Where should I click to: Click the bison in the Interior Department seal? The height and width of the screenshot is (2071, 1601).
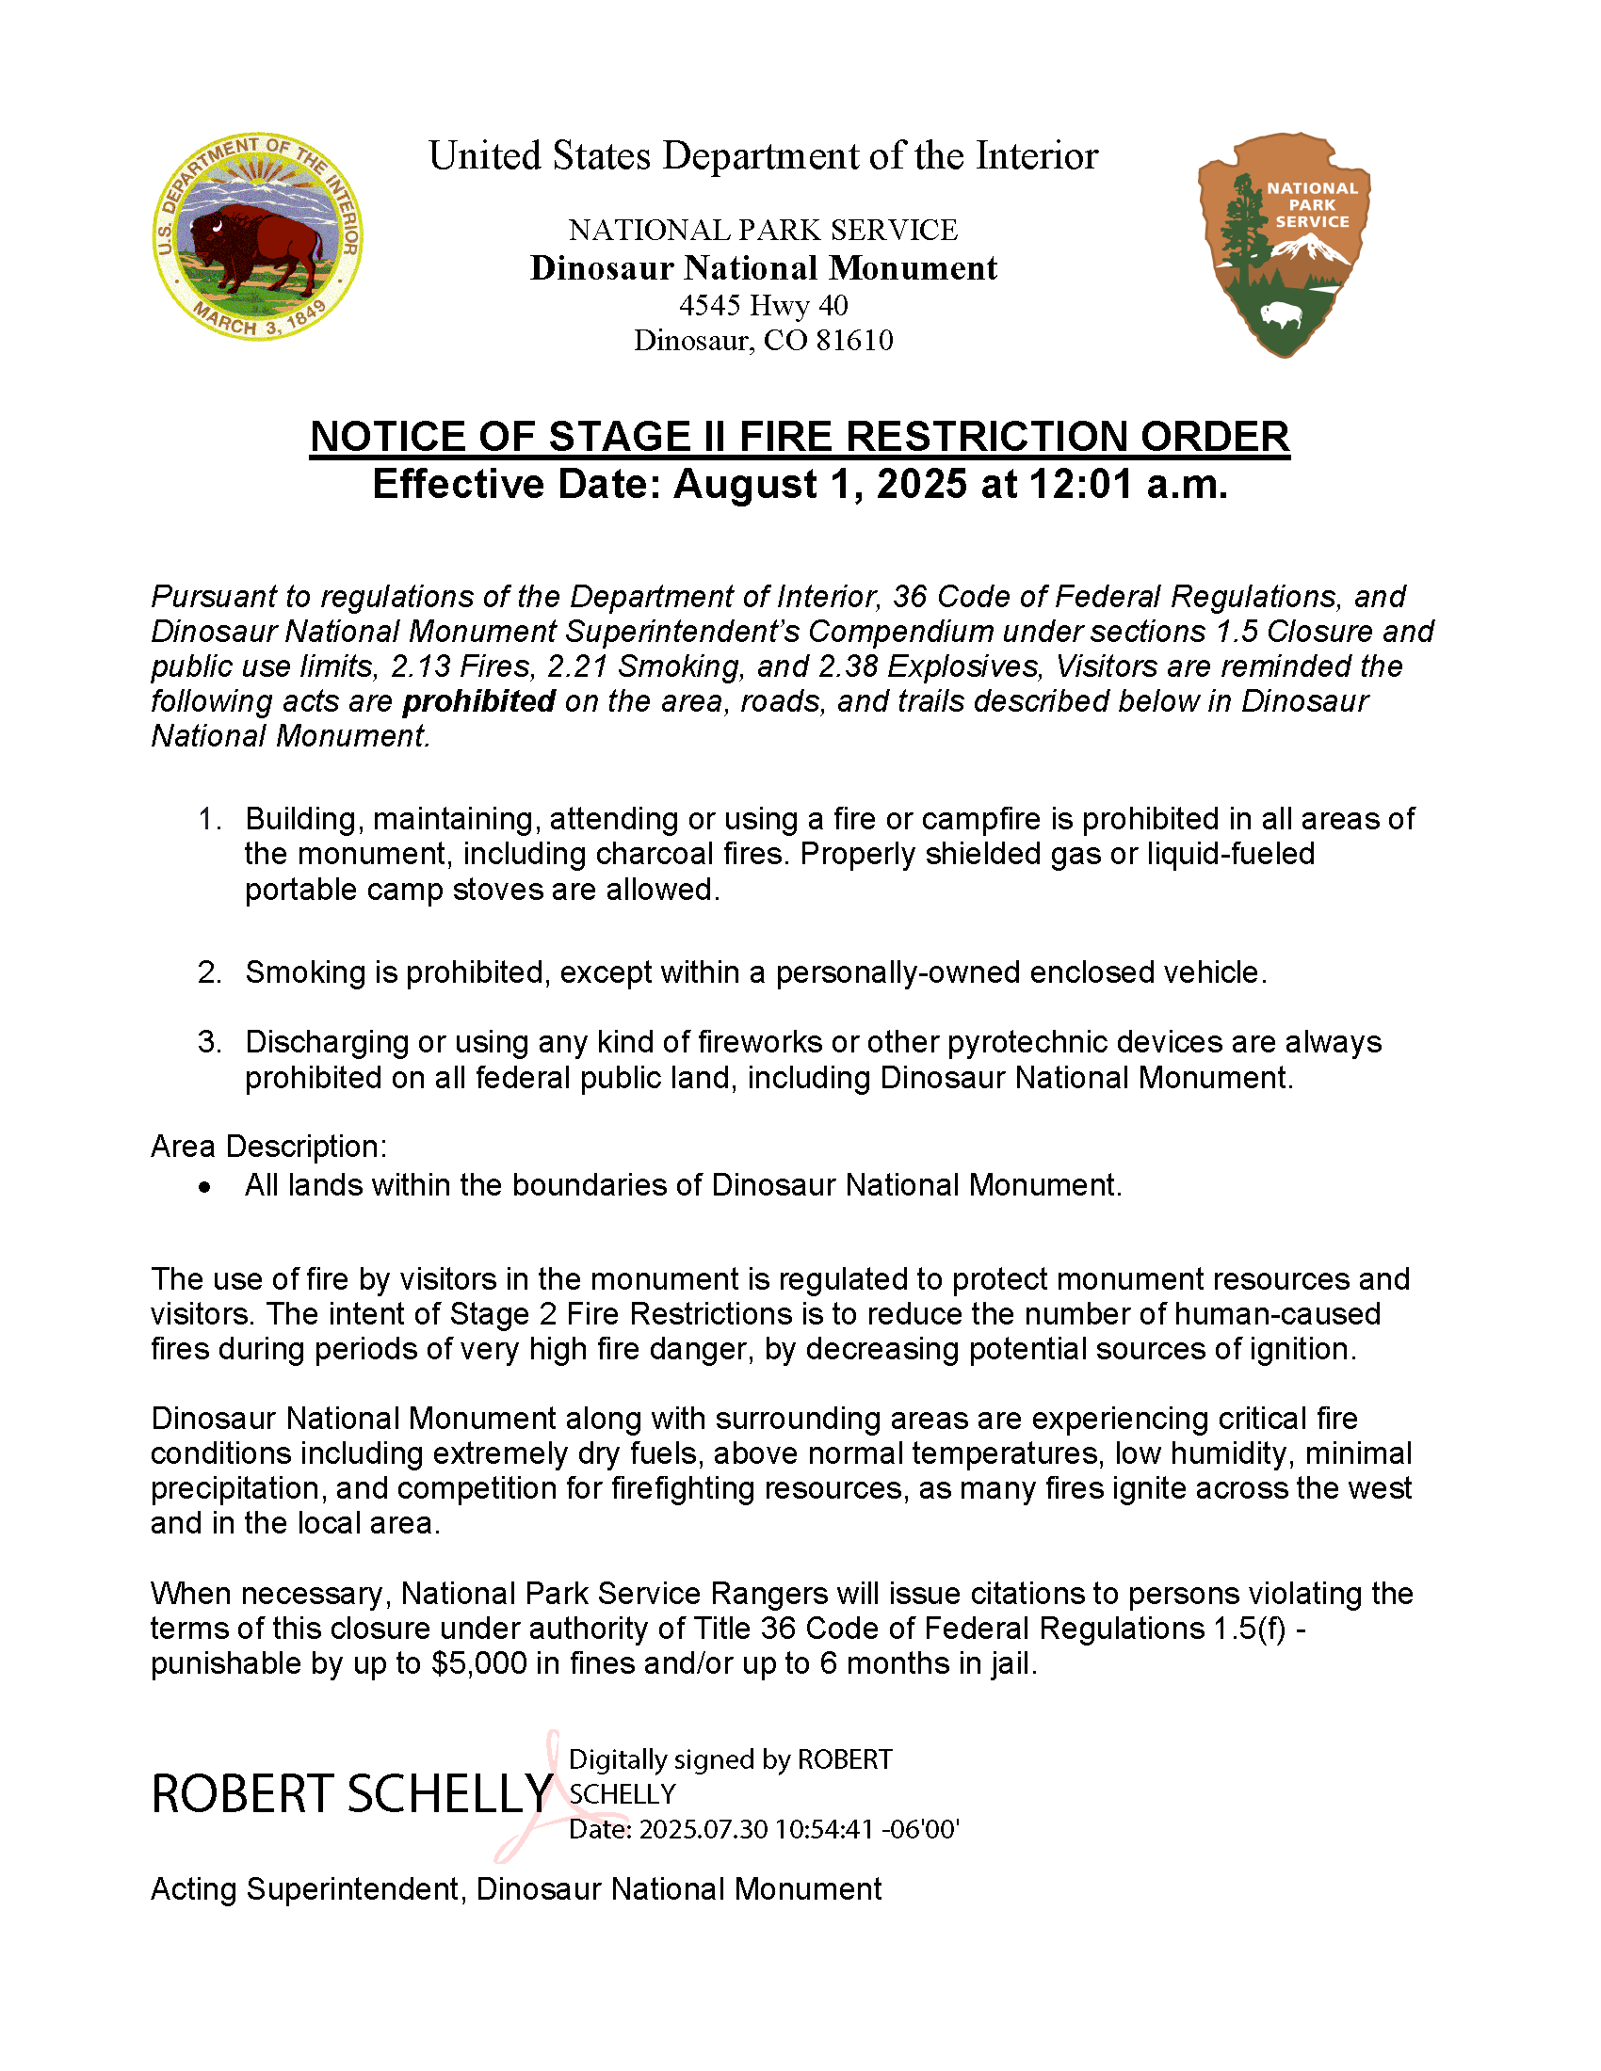[x=254, y=245]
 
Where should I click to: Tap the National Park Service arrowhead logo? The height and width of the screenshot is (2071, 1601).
[x=1285, y=244]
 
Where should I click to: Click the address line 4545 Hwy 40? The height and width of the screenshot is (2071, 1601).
[x=764, y=305]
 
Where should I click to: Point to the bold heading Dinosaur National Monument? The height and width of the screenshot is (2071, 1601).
[x=764, y=268]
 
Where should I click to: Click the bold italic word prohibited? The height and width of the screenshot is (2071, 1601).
[x=479, y=701]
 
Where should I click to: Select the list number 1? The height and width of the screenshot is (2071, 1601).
[x=210, y=819]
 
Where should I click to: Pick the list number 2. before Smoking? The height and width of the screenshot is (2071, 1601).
[x=210, y=973]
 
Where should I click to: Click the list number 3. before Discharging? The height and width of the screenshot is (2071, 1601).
[x=210, y=1042]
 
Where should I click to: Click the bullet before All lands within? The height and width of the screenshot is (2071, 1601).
[x=205, y=1187]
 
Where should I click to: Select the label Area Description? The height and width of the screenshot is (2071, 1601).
[x=268, y=1147]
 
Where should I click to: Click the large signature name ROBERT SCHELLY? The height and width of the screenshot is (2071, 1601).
[x=352, y=1794]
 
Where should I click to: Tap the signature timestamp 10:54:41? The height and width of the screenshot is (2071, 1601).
[x=823, y=1829]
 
